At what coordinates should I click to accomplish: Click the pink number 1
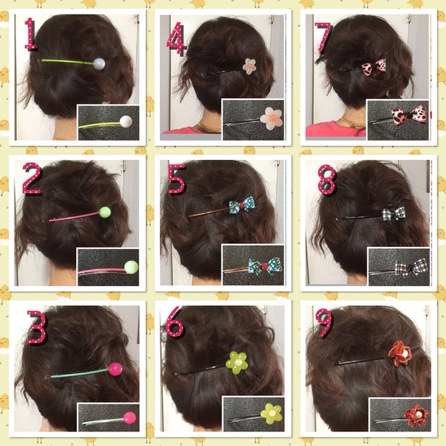[x=31, y=34]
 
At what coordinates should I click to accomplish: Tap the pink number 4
[x=176, y=38]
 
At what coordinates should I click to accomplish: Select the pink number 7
[x=323, y=37]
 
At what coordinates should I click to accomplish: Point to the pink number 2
[x=32, y=179]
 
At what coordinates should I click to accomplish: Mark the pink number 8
[x=326, y=178]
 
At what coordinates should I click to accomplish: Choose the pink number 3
[x=35, y=327]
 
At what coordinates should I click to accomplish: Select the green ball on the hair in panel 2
[x=106, y=211]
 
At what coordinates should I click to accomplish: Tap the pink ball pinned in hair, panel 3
[x=115, y=369]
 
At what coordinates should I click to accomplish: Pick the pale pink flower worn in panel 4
[x=250, y=66]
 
